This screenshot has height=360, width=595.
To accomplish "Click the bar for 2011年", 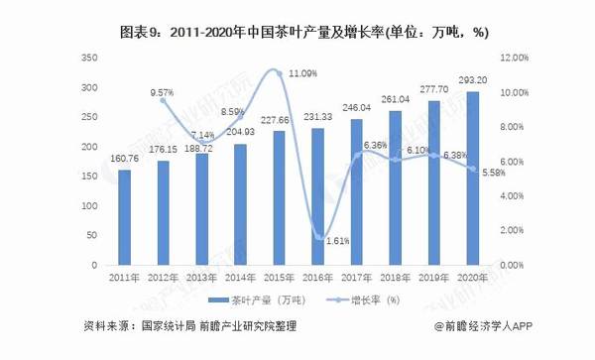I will [x=124, y=217].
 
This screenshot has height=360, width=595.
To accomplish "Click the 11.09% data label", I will [x=302, y=73].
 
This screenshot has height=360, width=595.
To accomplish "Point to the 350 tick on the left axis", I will [x=88, y=59].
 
